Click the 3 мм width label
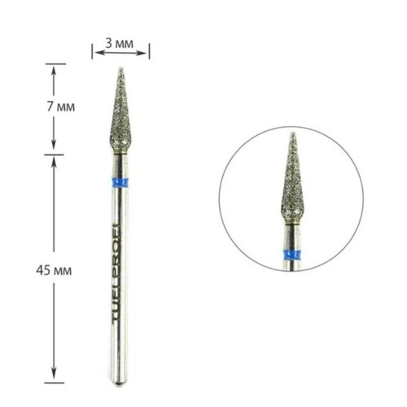tap(120, 43)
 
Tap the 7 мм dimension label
tap(61, 107)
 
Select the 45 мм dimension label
tap(54, 270)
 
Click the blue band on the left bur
tap(120, 183)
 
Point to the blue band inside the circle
tap(292, 256)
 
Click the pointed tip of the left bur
tap(121, 68)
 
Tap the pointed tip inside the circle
tap(292, 133)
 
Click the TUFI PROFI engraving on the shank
tap(117, 273)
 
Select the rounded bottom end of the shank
tap(119, 383)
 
